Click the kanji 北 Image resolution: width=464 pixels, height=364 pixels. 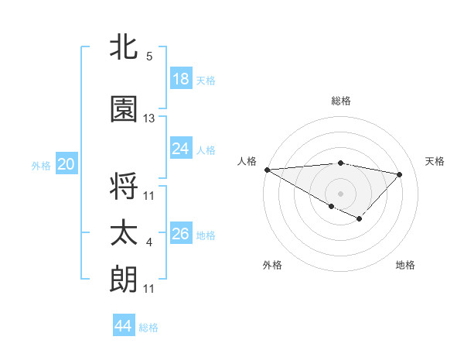124,48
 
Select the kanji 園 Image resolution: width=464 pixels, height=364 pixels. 124,110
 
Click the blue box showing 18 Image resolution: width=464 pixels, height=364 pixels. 181,79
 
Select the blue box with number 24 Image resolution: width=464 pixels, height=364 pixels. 181,149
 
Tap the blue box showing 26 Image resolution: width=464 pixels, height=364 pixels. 181,234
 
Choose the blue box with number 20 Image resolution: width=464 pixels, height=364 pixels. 67,164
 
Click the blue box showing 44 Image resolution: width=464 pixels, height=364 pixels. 124,326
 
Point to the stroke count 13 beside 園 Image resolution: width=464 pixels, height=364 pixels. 149,118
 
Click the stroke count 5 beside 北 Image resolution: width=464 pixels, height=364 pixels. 149,57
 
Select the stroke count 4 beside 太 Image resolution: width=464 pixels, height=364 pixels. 149,242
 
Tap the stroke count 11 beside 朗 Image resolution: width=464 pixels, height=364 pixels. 149,289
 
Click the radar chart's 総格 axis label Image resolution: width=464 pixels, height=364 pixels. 341,101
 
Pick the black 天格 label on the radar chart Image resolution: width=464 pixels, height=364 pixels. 435,161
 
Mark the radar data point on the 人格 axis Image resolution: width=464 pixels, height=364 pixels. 267,170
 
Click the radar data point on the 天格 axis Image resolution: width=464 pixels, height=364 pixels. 400,174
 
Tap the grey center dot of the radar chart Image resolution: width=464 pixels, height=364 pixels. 340,193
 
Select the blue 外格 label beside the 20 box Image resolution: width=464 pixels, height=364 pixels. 41,165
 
